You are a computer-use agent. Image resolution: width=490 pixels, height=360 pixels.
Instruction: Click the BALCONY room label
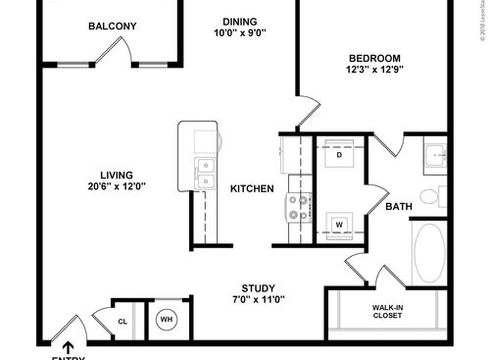point(113,26)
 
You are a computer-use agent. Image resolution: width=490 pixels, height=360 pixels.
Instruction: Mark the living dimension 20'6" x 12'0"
point(116,187)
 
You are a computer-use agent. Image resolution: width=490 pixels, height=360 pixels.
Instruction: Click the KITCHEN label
point(252,188)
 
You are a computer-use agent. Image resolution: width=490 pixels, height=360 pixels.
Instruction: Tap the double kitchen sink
point(205,175)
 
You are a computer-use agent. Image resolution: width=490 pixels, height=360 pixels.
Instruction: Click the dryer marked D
point(339,155)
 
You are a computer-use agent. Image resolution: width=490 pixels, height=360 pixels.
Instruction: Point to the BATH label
point(399,207)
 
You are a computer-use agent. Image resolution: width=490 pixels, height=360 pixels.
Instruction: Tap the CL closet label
point(122,321)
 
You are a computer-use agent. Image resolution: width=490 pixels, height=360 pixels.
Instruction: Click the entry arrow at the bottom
point(67,346)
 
